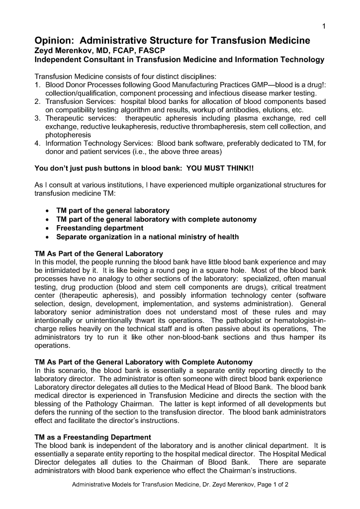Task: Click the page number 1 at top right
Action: click(x=324, y=26)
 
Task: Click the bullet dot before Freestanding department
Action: click(x=46, y=228)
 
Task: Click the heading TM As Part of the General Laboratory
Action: click(x=98, y=254)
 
